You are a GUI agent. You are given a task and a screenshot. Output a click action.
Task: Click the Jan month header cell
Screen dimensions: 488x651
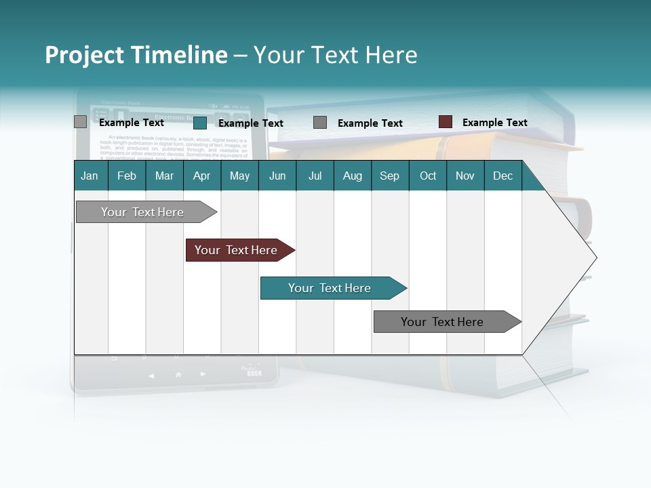tap(90, 176)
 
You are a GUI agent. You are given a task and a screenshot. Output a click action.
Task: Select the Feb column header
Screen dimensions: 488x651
tap(127, 176)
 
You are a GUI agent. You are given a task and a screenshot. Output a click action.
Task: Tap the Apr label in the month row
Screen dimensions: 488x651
tap(201, 176)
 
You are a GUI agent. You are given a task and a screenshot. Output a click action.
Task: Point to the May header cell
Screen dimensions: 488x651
tap(239, 176)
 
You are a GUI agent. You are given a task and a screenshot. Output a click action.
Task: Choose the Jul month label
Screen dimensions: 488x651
tap(315, 176)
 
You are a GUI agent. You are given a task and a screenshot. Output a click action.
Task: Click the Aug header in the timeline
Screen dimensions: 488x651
tap(352, 176)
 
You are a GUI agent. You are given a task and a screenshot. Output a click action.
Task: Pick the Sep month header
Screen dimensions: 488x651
tap(389, 176)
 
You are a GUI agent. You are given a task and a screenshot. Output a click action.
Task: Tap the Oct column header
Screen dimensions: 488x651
tap(428, 176)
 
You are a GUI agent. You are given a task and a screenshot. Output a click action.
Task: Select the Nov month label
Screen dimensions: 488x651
tap(465, 176)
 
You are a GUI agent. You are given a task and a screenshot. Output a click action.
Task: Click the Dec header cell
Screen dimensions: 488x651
tap(502, 176)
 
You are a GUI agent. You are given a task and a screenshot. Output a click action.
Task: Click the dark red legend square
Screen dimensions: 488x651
tap(445, 122)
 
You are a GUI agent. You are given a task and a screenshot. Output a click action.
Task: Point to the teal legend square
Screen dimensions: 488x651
tap(199, 123)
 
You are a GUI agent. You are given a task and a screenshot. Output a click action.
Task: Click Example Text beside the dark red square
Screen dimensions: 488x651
tap(494, 123)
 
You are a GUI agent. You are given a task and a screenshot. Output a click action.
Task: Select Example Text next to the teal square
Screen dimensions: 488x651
tap(250, 123)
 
